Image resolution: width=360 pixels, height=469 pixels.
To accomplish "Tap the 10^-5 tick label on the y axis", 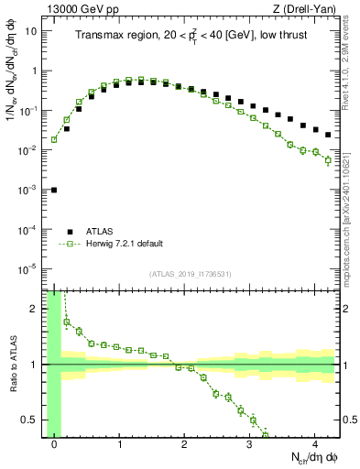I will coord(27,268).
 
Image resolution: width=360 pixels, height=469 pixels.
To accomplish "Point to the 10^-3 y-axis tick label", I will coord(27,190).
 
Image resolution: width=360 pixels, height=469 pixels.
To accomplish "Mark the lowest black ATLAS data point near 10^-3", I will coord(54,190).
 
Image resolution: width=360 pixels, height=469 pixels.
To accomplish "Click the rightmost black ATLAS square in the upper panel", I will coord(328,135).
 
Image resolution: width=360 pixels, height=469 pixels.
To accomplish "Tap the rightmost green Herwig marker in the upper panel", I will coord(328,160).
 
